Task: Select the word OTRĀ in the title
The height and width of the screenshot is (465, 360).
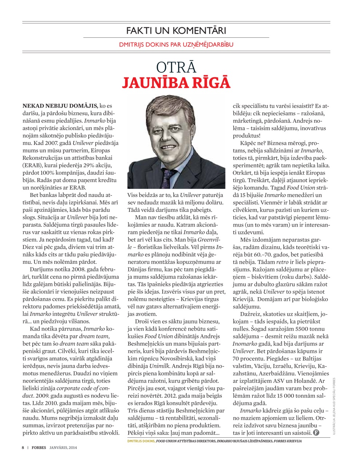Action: click(176, 68)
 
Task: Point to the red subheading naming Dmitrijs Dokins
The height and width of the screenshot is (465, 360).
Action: click(176, 45)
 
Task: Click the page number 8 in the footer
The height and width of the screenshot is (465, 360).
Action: click(23, 448)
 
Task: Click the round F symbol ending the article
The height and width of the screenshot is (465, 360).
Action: click(316, 433)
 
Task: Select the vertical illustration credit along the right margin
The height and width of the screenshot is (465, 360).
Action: click(334, 407)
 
